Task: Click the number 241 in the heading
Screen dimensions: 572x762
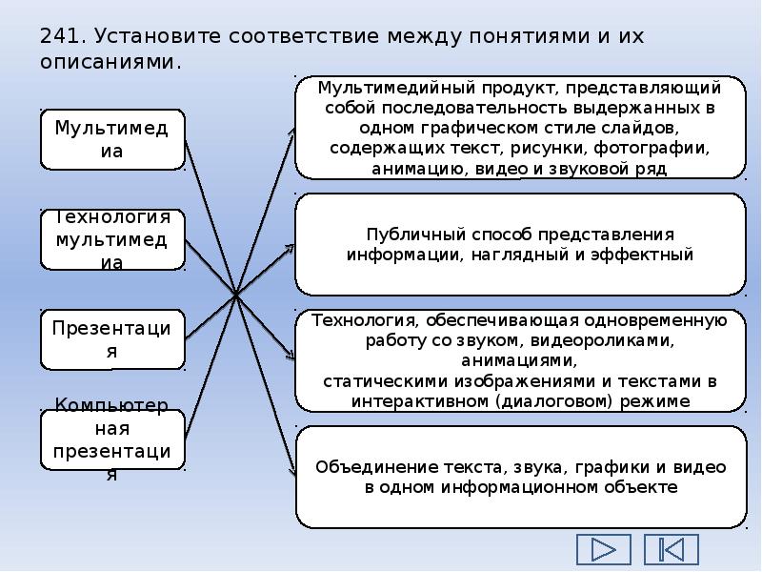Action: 59,37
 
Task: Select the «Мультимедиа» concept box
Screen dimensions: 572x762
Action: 112,139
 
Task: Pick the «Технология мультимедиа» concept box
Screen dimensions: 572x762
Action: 112,239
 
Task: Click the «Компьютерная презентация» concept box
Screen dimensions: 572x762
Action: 112,439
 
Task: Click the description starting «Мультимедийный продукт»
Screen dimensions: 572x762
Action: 520,128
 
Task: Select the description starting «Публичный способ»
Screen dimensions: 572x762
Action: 520,245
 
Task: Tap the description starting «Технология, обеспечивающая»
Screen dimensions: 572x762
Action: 520,360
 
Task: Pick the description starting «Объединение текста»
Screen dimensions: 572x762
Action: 520,477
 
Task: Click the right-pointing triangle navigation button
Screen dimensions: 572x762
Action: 604,549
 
